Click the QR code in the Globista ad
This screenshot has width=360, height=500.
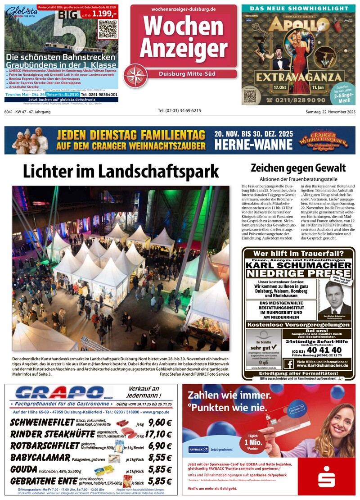click(x=108, y=28)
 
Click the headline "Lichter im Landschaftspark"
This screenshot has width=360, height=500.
click(x=121, y=172)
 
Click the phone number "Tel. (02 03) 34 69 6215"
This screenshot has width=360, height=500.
click(x=179, y=111)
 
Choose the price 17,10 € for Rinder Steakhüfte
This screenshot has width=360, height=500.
click(x=158, y=434)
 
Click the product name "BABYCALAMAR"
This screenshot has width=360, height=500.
click(x=40, y=458)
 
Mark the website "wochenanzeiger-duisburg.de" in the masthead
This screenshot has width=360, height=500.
click(x=184, y=9)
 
